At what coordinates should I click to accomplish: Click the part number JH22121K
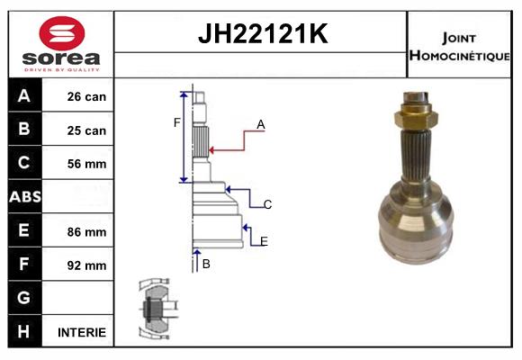261,35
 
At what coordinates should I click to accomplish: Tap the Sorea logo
62,44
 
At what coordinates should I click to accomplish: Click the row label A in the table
24,96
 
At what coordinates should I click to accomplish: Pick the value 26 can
86,96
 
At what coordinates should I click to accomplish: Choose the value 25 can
86,130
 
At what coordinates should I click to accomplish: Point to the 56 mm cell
86,164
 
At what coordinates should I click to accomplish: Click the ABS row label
24,197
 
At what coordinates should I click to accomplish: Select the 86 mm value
86,231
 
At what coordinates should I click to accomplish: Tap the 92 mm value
86,265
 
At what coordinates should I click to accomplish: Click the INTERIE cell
81,332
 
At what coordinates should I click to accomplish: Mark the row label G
24,298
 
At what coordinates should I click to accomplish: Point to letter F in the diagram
177,122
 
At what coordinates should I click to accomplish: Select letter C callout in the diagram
268,204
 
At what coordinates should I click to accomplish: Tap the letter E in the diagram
264,240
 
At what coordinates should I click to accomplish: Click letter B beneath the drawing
206,264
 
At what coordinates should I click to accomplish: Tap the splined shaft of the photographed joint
416,157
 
